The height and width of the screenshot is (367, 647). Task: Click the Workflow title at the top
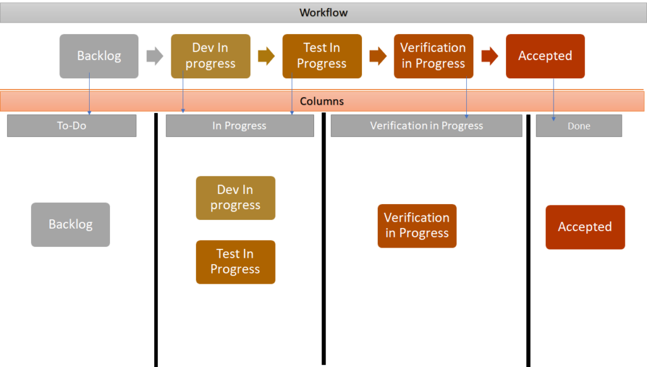pos(323,13)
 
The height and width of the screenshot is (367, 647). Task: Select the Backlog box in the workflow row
pos(99,56)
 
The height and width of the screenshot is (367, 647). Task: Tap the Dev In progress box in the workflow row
pos(210,56)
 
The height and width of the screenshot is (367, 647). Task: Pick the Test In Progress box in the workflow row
pos(322,56)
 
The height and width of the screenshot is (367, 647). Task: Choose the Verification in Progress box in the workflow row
pos(433,56)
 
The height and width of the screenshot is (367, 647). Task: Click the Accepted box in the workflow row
pos(545,56)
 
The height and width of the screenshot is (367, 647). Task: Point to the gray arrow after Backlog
pos(155,56)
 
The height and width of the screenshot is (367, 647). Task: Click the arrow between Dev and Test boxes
pos(266,56)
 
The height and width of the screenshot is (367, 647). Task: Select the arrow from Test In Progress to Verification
pos(378,56)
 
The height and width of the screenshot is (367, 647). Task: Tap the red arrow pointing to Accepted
pos(490,56)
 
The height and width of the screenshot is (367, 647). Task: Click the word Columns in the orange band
pos(322,102)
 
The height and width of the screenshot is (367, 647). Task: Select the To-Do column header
pos(72,126)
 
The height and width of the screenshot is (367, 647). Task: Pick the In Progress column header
pos(239,126)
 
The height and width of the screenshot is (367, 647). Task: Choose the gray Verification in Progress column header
pos(426,126)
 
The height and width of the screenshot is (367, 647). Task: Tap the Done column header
pos(579,126)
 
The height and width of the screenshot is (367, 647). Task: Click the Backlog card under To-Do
pos(71,225)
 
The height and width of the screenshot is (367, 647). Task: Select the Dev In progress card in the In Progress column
pos(236,198)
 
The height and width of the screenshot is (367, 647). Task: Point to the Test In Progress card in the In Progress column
pos(236,262)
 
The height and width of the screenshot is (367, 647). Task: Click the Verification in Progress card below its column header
pos(417,226)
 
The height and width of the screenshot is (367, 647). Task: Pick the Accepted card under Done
pos(585,227)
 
